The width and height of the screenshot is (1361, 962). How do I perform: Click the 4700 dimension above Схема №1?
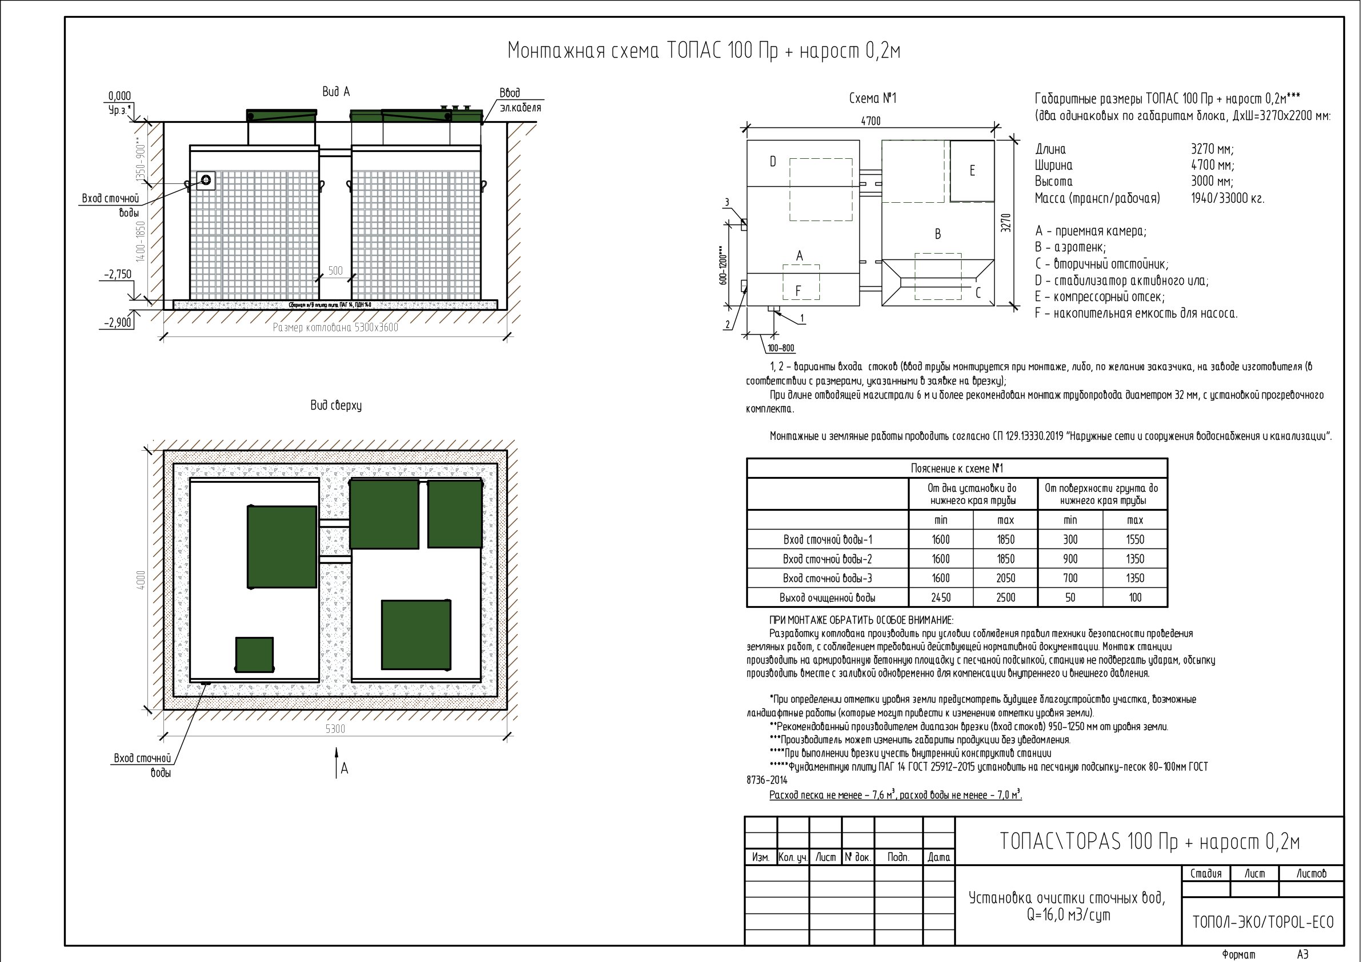[870, 121]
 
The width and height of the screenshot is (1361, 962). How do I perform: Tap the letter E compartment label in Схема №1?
[972, 171]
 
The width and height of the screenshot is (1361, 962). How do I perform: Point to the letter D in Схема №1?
[773, 161]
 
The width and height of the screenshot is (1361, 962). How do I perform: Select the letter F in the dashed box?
[798, 291]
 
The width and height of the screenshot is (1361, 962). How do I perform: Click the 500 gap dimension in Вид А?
[335, 271]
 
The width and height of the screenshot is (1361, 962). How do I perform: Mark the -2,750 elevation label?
[118, 274]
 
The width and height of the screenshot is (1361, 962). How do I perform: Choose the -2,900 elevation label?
[118, 323]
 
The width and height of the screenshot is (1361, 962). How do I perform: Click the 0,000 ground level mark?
[119, 96]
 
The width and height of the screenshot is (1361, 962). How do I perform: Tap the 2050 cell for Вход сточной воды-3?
[1006, 578]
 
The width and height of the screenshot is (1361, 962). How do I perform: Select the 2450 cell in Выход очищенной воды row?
[940, 598]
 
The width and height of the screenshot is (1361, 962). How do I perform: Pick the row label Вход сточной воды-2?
[827, 559]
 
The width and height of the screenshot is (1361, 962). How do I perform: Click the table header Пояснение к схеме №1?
[956, 468]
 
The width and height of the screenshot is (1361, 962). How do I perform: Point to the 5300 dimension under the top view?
[335, 728]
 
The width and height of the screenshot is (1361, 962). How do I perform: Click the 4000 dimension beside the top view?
[141, 580]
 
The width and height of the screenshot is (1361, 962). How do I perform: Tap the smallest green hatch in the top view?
[254, 654]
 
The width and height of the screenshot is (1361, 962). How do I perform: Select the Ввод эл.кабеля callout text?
[519, 100]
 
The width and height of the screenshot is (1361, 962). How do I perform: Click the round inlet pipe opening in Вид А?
[206, 179]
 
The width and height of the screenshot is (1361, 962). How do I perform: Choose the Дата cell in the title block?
[938, 857]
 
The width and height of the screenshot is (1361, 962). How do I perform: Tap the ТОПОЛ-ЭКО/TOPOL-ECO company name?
[1263, 922]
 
